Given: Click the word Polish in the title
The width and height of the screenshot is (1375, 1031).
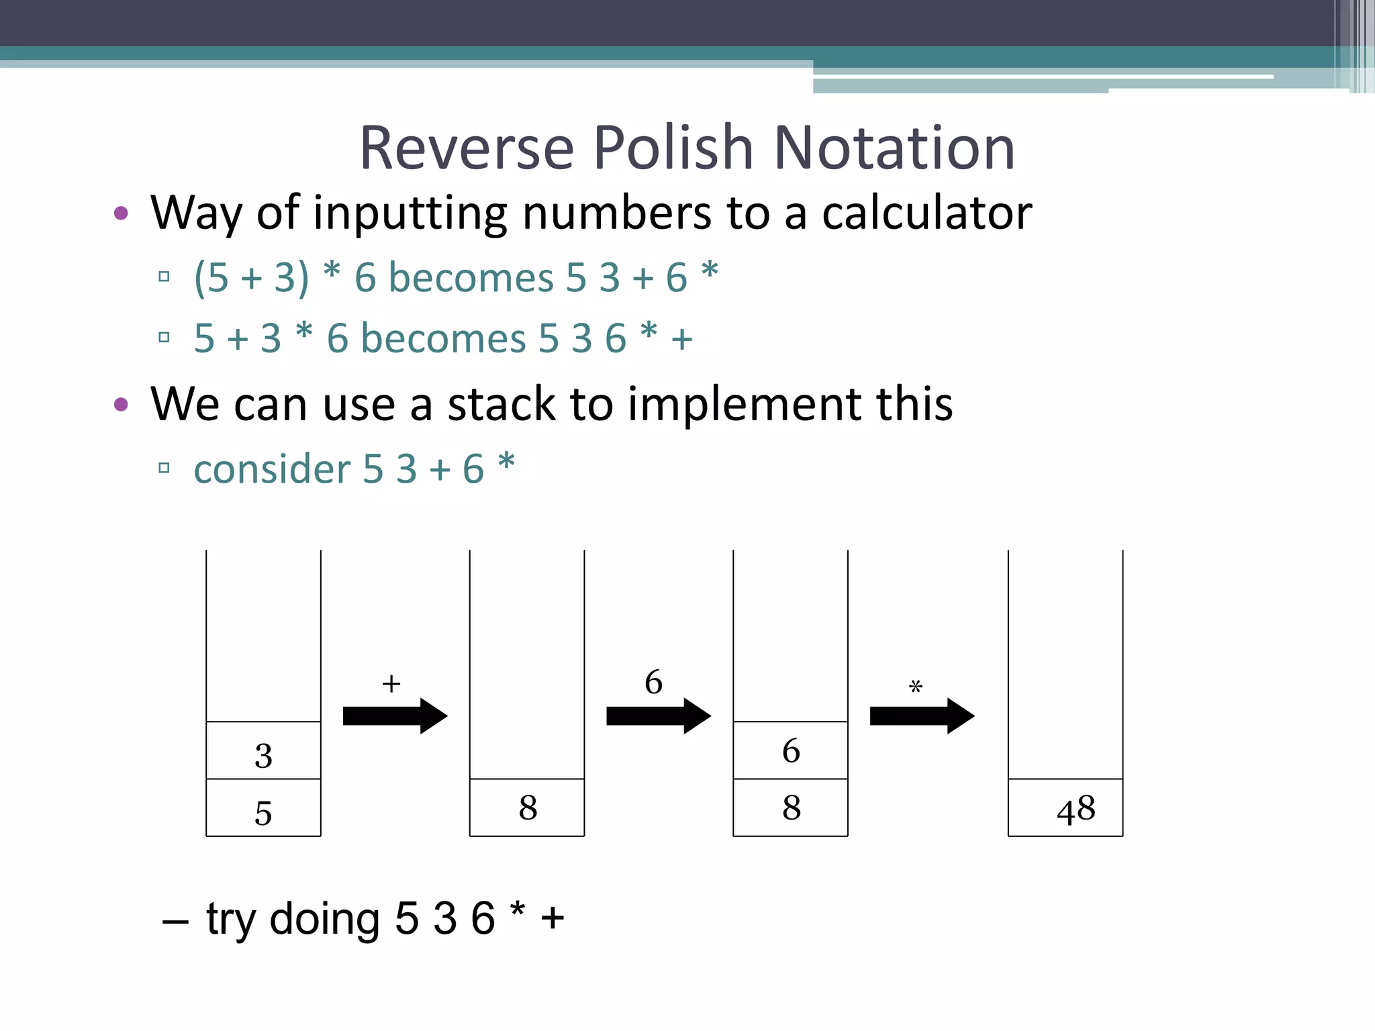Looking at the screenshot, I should [673, 148].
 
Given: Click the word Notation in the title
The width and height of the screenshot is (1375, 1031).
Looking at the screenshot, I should [894, 148].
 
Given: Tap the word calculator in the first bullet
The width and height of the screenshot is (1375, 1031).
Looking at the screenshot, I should [927, 213].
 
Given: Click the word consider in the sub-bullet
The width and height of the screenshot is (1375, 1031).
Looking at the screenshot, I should [272, 469].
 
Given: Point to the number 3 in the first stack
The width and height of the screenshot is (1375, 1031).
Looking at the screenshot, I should [263, 756].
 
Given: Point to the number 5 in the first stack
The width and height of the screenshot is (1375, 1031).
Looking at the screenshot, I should [263, 813].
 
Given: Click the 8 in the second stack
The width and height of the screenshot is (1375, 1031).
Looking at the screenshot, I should [528, 807].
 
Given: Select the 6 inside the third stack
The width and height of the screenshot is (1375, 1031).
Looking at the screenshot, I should [791, 750].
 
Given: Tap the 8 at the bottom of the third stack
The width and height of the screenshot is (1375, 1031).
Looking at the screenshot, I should [791, 807].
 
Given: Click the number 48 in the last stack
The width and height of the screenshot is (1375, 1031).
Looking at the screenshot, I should [1076, 809].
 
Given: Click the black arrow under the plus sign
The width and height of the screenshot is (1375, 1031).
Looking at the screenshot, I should [395, 716].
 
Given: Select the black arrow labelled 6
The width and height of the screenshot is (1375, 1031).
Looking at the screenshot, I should [658, 716].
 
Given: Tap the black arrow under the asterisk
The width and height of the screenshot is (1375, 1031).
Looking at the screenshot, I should [922, 716].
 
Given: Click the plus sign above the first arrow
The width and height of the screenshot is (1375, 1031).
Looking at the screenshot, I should [391, 684].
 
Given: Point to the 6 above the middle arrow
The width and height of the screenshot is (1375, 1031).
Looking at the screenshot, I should [653, 682].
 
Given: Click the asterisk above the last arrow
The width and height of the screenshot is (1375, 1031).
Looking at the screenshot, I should [916, 687].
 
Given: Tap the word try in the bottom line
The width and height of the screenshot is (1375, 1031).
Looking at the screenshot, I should [231, 919].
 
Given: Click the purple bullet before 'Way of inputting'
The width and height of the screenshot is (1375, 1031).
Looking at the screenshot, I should [122, 213].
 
